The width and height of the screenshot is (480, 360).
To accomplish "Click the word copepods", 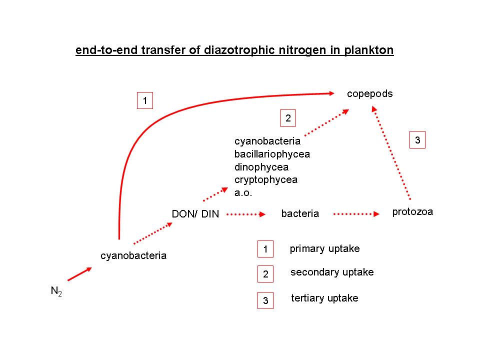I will click(x=370, y=94).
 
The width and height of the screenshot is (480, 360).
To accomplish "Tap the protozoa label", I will click(x=412, y=212).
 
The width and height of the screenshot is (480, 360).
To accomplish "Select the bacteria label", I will click(x=300, y=214).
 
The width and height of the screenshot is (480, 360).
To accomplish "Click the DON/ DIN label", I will click(x=195, y=214).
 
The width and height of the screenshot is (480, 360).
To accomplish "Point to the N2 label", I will click(x=56, y=291).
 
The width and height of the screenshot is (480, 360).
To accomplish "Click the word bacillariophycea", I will click(x=272, y=154).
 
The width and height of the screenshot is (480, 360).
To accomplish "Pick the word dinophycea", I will click(x=261, y=167).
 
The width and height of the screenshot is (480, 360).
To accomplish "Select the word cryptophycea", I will click(x=266, y=179).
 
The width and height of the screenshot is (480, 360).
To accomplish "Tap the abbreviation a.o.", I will click(x=243, y=192).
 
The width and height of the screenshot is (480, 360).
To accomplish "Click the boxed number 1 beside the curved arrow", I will click(x=144, y=101).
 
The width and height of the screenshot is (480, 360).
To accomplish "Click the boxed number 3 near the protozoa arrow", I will click(x=417, y=141).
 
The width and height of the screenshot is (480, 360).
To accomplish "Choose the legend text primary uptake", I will click(x=324, y=248).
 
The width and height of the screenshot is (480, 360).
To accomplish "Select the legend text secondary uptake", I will click(x=332, y=272).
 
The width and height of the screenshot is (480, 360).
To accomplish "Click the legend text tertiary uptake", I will click(x=324, y=298).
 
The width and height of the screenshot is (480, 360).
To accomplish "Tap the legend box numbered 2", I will click(x=265, y=274).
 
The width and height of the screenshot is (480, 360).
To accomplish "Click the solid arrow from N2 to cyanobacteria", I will click(x=79, y=273).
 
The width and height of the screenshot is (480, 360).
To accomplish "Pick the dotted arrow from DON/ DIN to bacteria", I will click(x=245, y=214).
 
